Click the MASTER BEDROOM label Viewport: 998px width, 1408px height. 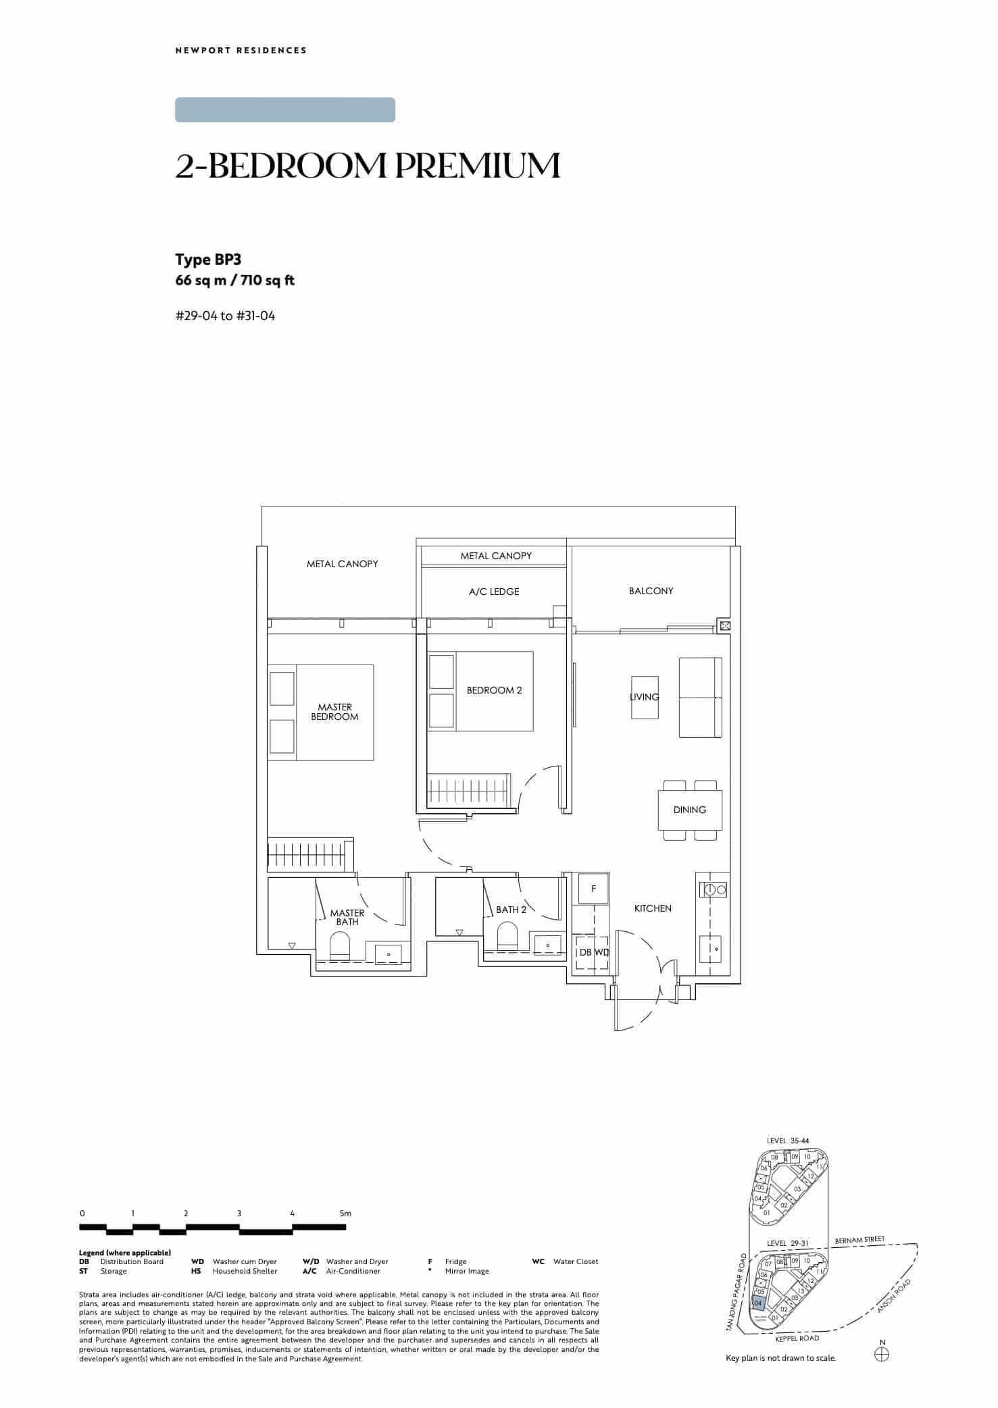[334, 712]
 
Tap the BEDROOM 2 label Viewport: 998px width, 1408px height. [494, 690]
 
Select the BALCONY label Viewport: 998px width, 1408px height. [651, 591]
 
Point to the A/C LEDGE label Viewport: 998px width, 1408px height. [494, 592]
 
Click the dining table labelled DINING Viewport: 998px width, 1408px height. [690, 810]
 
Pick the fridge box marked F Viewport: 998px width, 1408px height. [593, 889]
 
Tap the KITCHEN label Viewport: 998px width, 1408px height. [653, 908]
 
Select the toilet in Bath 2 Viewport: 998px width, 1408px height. [507, 937]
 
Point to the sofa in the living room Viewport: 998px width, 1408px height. [700, 698]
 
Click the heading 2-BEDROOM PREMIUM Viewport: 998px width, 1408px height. [368, 166]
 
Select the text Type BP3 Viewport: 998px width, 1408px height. [208, 260]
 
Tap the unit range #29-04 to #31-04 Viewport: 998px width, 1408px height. [225, 315]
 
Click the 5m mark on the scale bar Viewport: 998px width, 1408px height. [345, 1214]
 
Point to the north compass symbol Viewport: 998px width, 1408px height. [882, 1354]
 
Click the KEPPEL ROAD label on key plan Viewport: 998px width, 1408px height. [797, 1338]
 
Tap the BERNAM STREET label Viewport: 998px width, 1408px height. [859, 1240]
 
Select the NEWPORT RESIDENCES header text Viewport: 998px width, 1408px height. [241, 50]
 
